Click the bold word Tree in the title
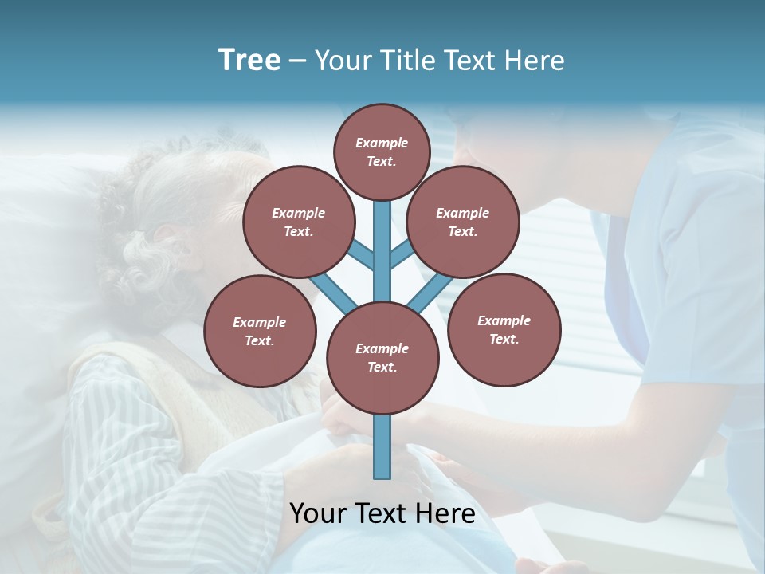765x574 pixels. tap(249, 60)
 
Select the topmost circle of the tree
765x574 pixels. tap(382, 151)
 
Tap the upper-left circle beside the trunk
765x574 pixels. tap(298, 222)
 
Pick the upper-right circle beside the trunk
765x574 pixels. tap(462, 222)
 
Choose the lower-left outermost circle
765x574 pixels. tap(260, 331)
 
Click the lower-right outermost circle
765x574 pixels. tap(504, 329)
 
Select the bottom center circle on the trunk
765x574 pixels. tap(382, 357)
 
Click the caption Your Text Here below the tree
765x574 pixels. tap(382, 513)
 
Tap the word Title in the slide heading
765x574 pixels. tap(406, 61)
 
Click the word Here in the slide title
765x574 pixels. tap(535, 61)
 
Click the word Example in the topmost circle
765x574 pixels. tap(382, 143)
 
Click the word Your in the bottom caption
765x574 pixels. tap(317, 513)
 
